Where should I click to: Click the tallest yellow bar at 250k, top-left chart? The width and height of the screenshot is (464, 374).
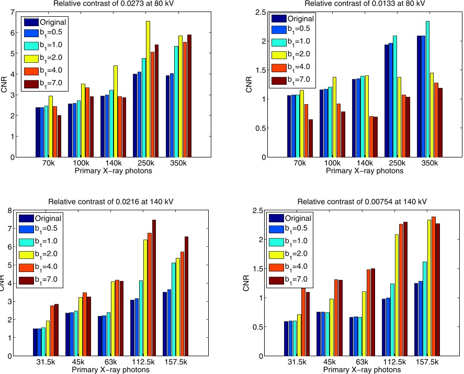pyautogui.click(x=148, y=89)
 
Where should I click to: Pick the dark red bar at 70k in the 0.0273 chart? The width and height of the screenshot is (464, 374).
pyautogui.click(x=59, y=136)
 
